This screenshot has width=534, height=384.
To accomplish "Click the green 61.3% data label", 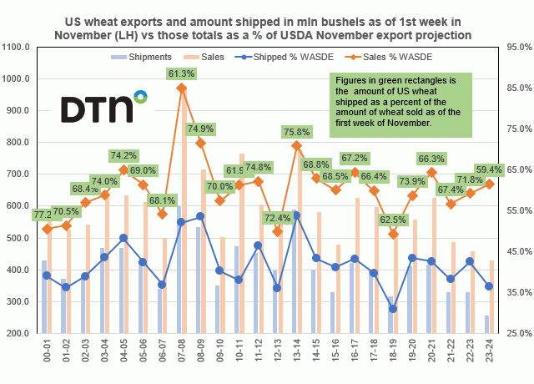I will tap(181, 73).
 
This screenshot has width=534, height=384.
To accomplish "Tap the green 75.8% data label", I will tap(297, 132).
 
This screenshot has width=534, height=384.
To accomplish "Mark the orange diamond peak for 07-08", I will tap(182, 88).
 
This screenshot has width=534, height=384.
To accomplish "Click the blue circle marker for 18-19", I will tap(394, 309).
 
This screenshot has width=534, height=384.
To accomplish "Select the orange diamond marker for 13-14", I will tap(297, 145).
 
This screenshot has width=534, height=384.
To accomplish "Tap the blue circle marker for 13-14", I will tap(297, 215).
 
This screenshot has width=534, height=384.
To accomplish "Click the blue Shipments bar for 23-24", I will tap(487, 325).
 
